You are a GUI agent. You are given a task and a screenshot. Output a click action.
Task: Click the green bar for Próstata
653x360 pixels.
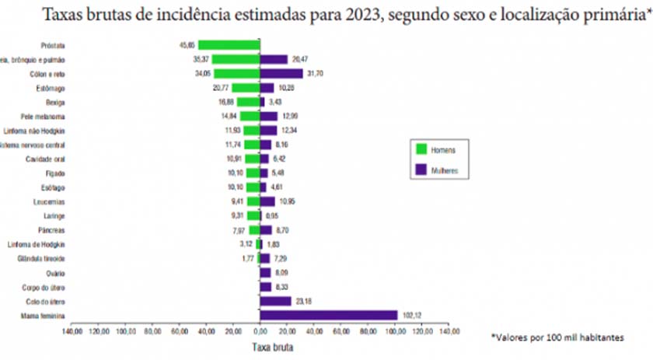(x=229, y=44)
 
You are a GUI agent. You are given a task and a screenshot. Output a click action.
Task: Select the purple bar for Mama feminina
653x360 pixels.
(x=328, y=315)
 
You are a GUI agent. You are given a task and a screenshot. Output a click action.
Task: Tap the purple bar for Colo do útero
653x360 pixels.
(x=275, y=301)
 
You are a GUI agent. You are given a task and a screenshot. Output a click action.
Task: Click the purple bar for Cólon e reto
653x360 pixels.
(x=281, y=73)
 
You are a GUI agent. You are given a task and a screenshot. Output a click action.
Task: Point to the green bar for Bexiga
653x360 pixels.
(x=249, y=101)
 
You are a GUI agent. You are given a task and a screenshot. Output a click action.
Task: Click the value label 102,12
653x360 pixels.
(x=412, y=315)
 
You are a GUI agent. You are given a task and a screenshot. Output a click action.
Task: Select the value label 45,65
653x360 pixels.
(x=186, y=44)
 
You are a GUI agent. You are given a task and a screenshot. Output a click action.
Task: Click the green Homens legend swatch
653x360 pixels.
(x=421, y=149)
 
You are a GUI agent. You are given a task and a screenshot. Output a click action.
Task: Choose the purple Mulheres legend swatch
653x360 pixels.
(x=421, y=168)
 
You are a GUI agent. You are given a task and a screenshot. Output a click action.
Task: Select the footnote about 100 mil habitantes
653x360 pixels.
(x=557, y=337)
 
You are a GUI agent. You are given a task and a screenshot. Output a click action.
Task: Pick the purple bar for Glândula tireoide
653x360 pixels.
(x=265, y=258)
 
